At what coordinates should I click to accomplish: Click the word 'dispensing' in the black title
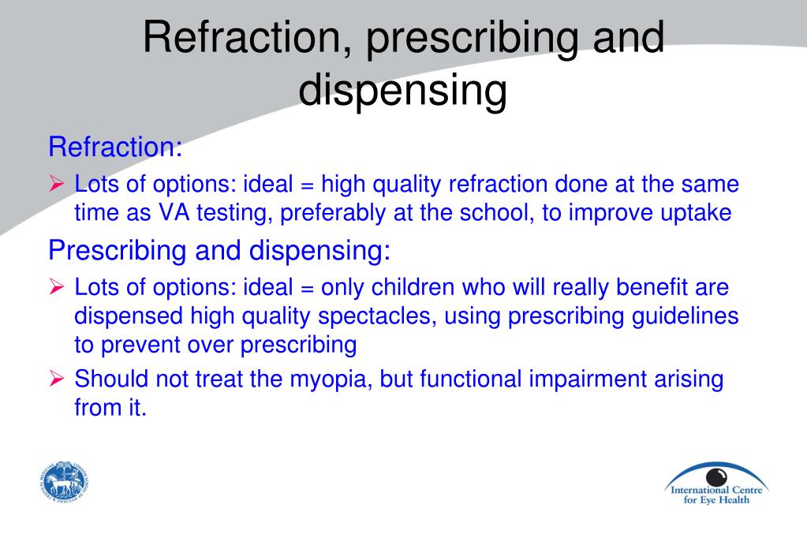point(402,90)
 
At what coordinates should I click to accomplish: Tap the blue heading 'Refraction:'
point(115,147)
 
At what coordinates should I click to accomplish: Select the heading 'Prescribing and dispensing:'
point(219,251)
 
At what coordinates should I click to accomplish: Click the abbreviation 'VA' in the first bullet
point(174,213)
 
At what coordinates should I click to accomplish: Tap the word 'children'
point(413,287)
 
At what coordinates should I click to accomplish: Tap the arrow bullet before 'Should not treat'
point(57,379)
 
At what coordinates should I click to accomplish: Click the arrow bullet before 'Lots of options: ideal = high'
point(57,184)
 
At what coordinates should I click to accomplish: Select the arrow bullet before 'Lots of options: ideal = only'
point(57,287)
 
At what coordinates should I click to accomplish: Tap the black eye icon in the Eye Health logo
point(716,476)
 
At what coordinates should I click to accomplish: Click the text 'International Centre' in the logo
point(716,490)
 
